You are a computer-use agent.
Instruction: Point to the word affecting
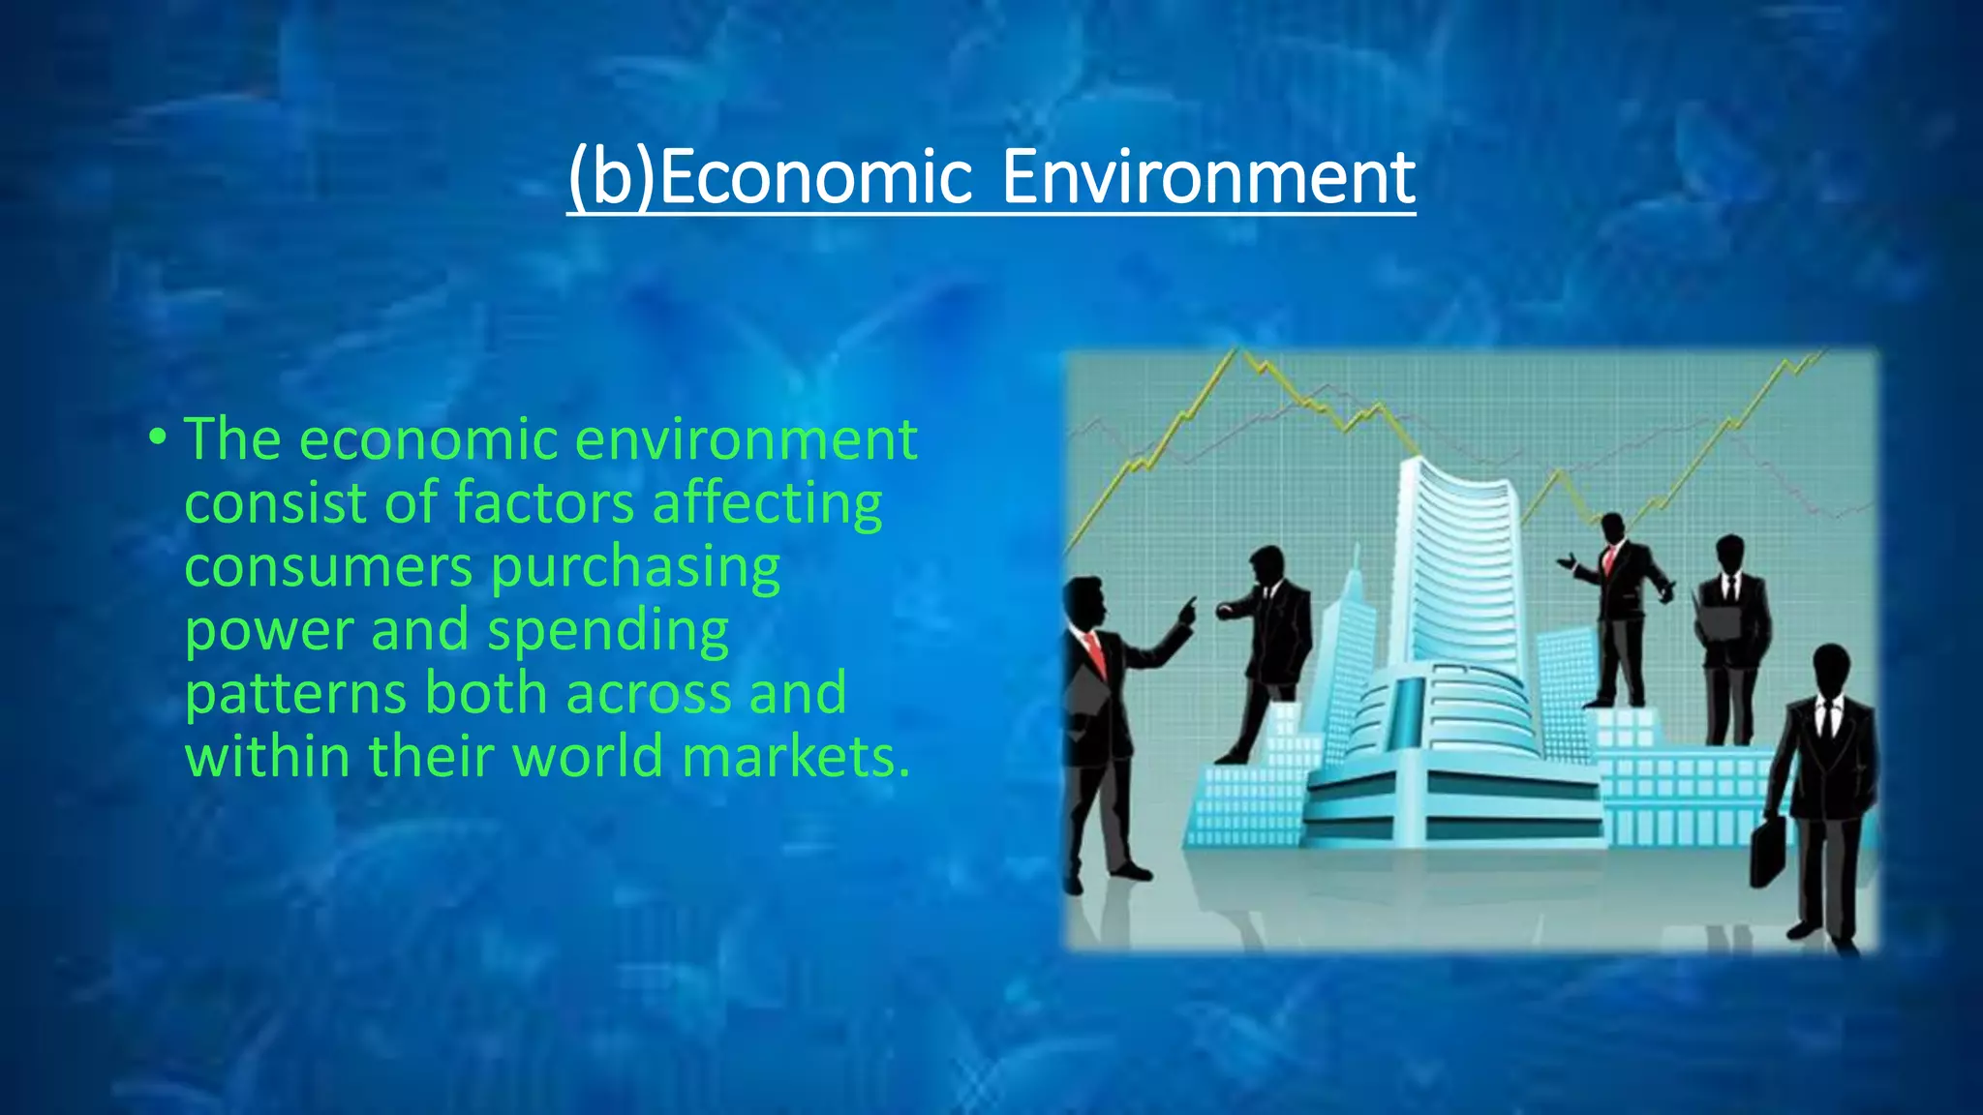coord(767,504)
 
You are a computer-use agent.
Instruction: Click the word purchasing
coord(635,568)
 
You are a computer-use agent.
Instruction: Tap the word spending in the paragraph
coord(607,632)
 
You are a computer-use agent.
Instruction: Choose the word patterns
coord(295,695)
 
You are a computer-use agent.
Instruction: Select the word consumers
coord(329,567)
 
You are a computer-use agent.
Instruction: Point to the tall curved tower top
coord(1452,484)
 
